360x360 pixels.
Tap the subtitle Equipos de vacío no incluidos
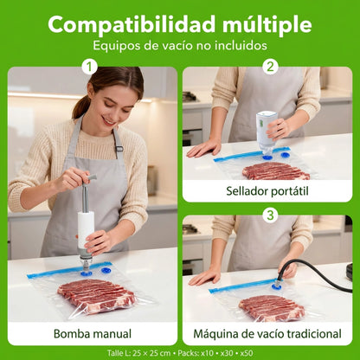click(x=180, y=46)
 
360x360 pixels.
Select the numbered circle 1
click(x=89, y=67)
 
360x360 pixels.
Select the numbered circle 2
click(x=269, y=67)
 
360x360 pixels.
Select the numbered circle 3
click(x=269, y=214)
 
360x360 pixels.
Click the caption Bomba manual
click(x=93, y=333)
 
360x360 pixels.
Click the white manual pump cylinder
click(x=87, y=227)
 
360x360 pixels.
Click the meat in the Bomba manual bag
click(x=94, y=295)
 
